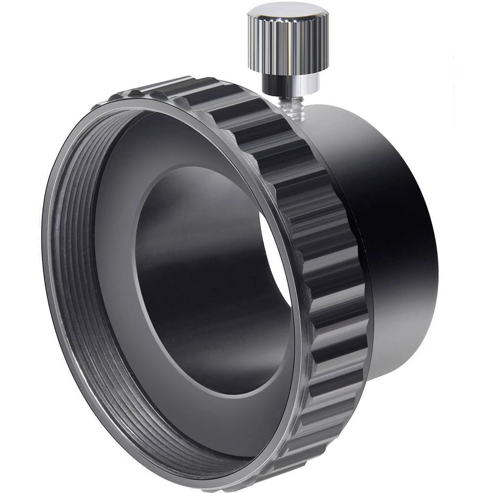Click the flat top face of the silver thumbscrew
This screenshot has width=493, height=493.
287,11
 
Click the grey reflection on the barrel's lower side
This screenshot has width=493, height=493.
394,335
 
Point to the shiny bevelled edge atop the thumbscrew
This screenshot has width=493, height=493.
287,22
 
